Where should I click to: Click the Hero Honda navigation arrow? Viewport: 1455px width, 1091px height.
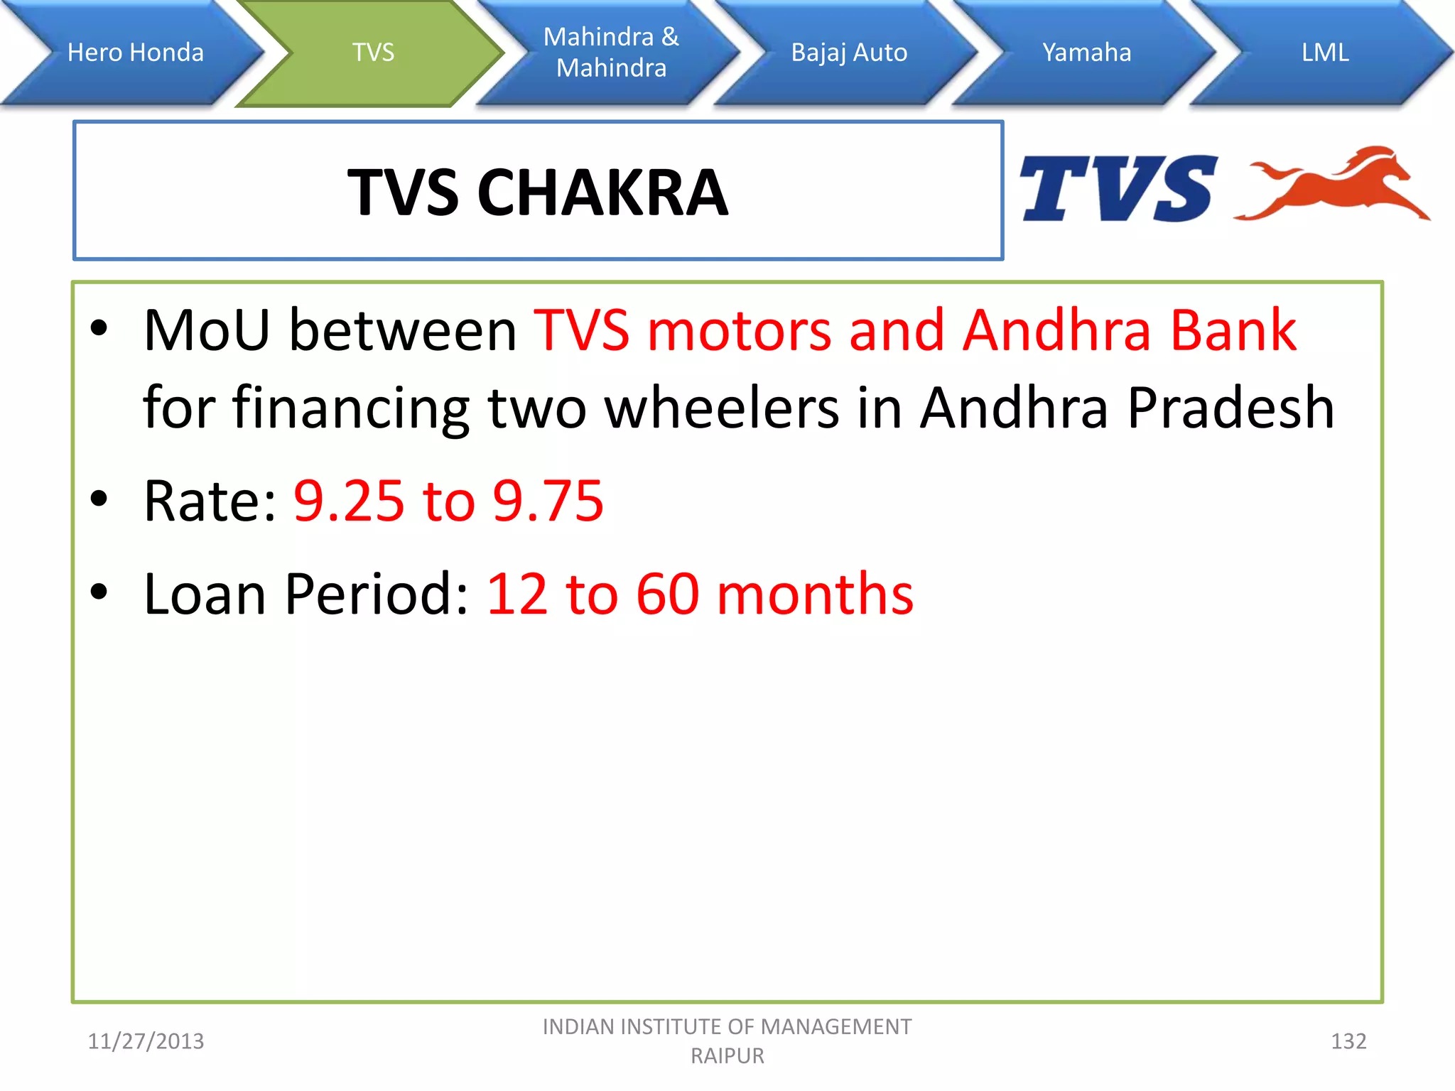pos(135,53)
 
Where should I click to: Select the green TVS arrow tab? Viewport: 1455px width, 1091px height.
pos(373,53)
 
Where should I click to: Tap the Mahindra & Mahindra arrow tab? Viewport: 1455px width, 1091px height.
pos(611,53)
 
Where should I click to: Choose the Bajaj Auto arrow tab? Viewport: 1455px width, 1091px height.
pos(849,53)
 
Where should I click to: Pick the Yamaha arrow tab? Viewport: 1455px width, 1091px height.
pos(1086,53)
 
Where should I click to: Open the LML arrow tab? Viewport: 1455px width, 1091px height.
pos(1324,53)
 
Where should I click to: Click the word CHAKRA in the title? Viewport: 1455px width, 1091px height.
pos(602,192)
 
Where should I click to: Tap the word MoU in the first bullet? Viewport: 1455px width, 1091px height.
pos(207,330)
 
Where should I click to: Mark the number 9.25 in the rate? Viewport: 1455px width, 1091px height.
pos(349,501)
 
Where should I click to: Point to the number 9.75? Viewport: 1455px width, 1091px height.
pos(548,501)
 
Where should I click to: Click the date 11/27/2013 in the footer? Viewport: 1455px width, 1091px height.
pos(146,1041)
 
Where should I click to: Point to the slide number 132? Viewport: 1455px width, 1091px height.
pos(1348,1041)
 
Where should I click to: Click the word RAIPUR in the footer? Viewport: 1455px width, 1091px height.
pos(727,1056)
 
